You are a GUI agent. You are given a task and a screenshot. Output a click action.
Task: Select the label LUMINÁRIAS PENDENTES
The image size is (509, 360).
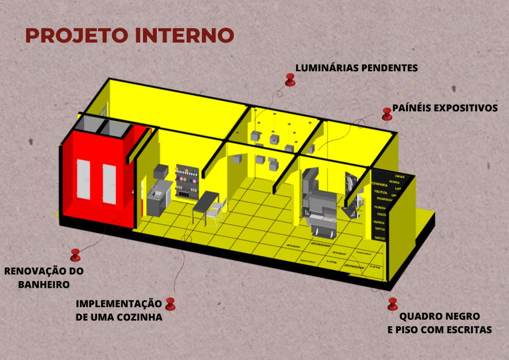click(x=357, y=68)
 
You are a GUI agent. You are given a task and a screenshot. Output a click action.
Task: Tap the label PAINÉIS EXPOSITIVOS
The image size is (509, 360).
click(x=445, y=108)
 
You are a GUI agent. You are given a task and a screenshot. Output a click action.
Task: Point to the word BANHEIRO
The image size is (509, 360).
click(x=44, y=284)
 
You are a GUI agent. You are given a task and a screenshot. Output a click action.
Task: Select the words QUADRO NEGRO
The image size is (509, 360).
click(x=439, y=316)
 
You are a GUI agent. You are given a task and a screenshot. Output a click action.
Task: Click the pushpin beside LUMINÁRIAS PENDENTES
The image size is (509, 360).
click(x=291, y=80)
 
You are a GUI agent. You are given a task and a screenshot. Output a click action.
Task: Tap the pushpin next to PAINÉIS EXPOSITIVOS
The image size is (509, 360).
click(x=388, y=113)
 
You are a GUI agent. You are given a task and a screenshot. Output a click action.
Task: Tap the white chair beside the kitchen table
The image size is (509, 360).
click(x=217, y=210)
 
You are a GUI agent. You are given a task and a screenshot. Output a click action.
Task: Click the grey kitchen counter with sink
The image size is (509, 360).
click(x=156, y=201)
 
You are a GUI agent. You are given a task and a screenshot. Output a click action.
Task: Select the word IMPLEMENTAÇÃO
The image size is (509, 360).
click(x=118, y=304)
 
